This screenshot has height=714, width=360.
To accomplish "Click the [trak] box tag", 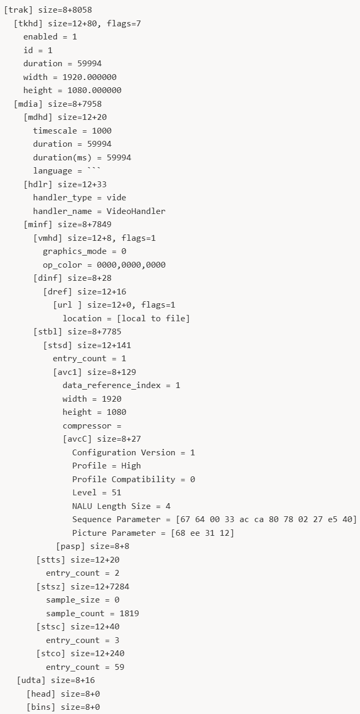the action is click(18, 10).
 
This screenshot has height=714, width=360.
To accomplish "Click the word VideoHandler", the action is click(136, 211).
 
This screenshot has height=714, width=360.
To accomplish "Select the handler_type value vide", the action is click(116, 198).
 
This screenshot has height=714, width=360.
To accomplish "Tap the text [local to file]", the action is click(156, 318).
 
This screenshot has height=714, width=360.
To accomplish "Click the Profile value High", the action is click(131, 465).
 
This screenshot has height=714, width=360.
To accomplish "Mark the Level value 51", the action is click(116, 492).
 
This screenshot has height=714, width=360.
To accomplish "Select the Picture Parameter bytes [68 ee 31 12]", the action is click(202, 533).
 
